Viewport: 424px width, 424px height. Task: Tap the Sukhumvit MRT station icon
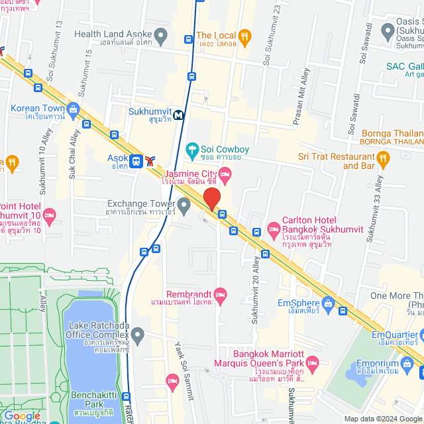click(x=178, y=115)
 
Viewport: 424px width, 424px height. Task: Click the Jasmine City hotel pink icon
click(x=225, y=175)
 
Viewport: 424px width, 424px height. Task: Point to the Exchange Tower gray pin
click(x=184, y=203)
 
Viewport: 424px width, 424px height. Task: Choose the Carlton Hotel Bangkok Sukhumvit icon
click(x=274, y=229)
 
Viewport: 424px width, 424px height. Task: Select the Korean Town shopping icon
click(x=73, y=109)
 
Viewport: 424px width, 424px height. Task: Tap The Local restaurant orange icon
click(x=244, y=35)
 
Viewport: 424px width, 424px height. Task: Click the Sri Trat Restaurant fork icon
click(x=382, y=157)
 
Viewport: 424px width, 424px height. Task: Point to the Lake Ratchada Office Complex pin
click(x=137, y=336)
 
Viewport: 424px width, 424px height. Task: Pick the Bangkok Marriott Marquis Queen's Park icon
click(x=313, y=363)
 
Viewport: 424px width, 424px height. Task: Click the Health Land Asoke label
click(x=116, y=34)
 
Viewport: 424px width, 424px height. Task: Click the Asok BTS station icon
click(x=136, y=160)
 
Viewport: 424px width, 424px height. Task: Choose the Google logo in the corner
click(x=22, y=416)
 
